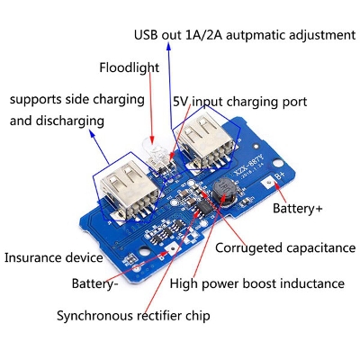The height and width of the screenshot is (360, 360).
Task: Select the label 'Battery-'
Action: pos(96,283)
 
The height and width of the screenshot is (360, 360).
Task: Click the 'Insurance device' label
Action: pos(54,257)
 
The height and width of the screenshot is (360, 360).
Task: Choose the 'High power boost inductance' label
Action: pos(256,283)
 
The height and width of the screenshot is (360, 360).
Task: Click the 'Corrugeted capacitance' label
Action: pos(274,247)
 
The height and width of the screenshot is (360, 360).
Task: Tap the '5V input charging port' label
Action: pos(239,103)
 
